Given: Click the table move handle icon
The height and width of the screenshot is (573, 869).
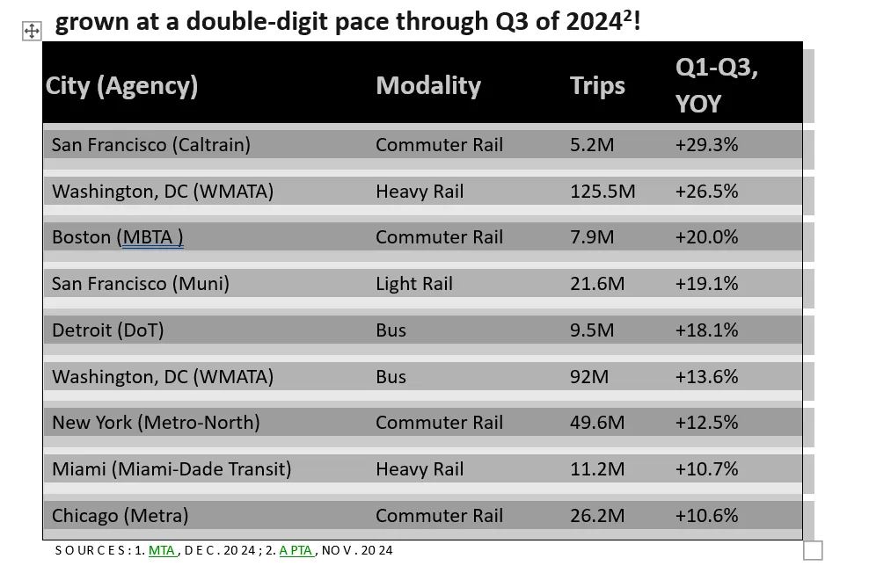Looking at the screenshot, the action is pos(32,31).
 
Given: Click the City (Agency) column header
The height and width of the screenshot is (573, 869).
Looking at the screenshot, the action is pos(121,86).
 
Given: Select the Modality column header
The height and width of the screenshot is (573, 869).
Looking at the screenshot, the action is pos(428,86).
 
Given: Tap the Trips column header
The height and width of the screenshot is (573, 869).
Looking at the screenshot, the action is pos(597,86).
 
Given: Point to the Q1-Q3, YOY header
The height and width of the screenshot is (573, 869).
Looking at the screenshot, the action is pos(717,85).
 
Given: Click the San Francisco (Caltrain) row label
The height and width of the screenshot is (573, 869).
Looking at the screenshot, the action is pos(151,144).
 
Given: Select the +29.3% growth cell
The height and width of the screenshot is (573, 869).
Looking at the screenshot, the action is pos(706,144).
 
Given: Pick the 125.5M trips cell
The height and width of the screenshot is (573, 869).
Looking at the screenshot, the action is pos(602,191).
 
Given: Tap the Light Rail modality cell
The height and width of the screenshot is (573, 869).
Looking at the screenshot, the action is pos(414,284).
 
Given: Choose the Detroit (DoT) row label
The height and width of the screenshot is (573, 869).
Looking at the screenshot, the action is pos(108,330).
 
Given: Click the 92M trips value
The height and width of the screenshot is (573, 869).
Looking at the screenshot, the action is pos(589,376).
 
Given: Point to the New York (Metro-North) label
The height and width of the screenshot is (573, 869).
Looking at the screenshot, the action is pos(156,423).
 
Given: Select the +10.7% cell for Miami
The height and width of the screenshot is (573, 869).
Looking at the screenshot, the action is pos(706,469).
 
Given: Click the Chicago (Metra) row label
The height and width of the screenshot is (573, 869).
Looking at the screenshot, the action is pos(120,515).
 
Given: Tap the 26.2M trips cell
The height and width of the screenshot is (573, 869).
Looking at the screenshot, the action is pos(597,515).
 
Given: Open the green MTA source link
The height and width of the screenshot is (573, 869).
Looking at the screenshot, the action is pos(161,550).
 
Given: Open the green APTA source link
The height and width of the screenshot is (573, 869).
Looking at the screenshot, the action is pos(296,550).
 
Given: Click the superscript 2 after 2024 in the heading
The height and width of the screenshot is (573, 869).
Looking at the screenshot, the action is pos(627,17).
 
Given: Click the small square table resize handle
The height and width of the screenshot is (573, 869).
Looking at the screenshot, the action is pos(813,550).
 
